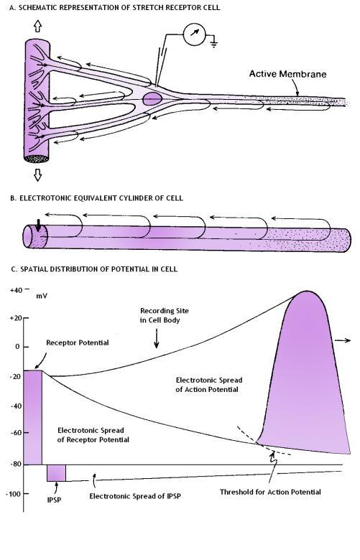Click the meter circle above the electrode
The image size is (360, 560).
[195, 34]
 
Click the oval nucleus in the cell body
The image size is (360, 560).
[152, 98]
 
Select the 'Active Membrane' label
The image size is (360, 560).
[288, 74]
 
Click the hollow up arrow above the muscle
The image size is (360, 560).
[37, 26]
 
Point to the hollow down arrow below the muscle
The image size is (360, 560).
[37, 174]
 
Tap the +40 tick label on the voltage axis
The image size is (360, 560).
[17, 290]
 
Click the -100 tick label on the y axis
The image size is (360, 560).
[13, 493]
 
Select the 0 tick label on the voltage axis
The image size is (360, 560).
[17, 347]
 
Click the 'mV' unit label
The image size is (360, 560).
[42, 296]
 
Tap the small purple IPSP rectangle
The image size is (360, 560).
[57, 473]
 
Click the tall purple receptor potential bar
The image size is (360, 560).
[33, 417]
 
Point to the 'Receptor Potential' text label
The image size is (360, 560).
[78, 342]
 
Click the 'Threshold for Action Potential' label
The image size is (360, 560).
[270, 492]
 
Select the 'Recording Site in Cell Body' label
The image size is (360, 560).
[164, 315]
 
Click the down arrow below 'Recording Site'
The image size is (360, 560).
[156, 339]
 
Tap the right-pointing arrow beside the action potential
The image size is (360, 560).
[343, 341]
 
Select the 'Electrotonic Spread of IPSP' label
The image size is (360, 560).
[135, 496]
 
